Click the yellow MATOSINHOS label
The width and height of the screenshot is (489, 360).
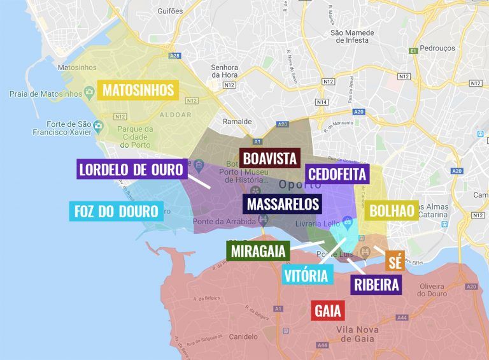138,90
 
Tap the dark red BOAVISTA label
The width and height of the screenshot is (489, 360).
270,158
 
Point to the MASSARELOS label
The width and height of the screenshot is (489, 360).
283,204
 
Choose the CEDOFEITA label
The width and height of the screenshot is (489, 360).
336,174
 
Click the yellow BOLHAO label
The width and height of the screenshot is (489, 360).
392,210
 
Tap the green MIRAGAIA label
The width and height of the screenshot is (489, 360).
259,250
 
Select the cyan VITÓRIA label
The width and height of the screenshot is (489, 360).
307,275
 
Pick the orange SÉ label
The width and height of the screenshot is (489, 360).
395,261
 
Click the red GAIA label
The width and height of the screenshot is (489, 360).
328,311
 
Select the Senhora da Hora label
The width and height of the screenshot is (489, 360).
225,72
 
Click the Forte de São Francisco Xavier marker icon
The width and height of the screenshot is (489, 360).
99,126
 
